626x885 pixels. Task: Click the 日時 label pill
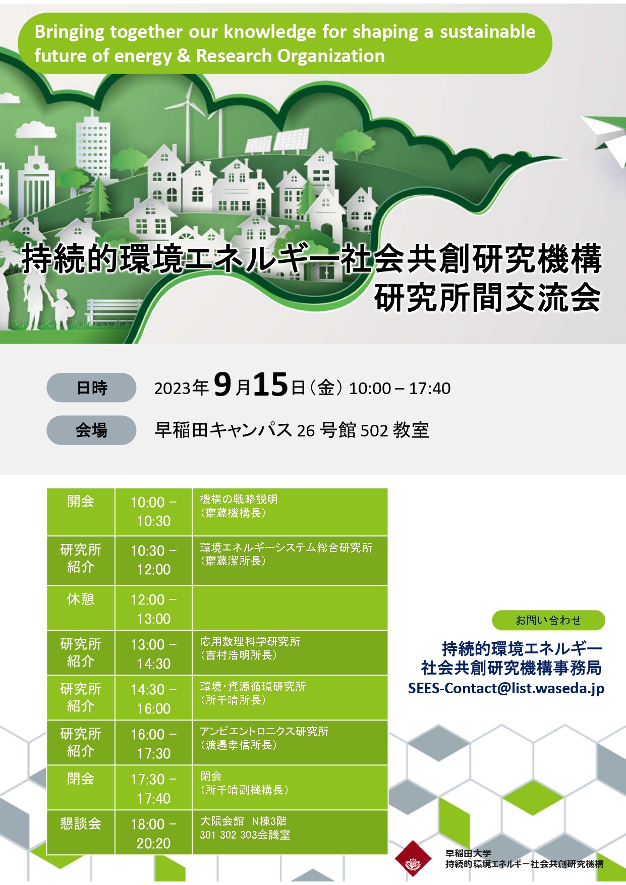click(x=91, y=388)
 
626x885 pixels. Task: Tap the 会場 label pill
click(x=91, y=430)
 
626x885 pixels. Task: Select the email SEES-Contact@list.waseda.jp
click(x=506, y=688)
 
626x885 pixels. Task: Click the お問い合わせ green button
click(x=548, y=620)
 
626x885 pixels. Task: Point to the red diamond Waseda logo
click(x=413, y=858)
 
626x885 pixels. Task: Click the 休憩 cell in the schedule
click(x=81, y=608)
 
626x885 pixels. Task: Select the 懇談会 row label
click(x=81, y=832)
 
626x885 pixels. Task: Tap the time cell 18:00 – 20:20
click(x=153, y=833)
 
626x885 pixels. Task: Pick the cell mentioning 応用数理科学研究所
click(x=290, y=653)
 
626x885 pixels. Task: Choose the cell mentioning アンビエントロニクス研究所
click(x=290, y=743)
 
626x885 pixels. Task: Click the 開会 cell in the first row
click(x=81, y=512)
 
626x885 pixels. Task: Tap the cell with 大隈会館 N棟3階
click(x=290, y=832)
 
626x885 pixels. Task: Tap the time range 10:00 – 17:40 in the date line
click(x=400, y=388)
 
